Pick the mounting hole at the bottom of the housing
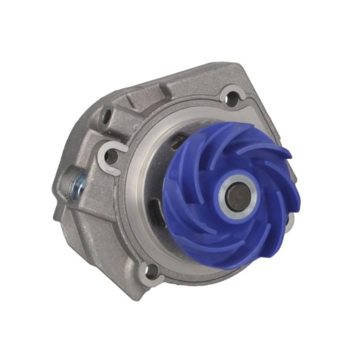point(152,270)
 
